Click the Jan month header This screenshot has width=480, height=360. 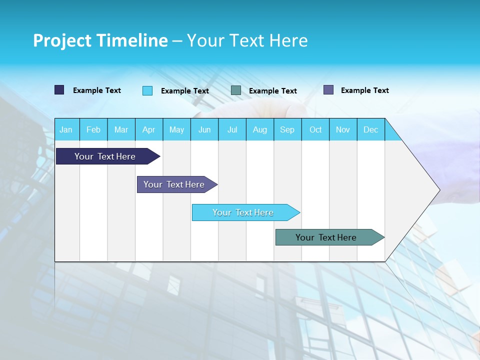click(66, 129)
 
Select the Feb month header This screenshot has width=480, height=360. click(93, 129)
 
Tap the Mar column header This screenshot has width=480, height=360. click(121, 129)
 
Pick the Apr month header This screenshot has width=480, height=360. click(149, 129)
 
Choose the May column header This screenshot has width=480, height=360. click(176, 129)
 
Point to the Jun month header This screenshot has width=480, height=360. click(204, 129)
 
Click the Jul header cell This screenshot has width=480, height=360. click(232, 129)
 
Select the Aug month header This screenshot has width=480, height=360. click(260, 129)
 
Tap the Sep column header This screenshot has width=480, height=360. click(287, 129)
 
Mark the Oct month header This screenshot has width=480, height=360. click(315, 129)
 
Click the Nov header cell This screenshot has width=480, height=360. click(343, 129)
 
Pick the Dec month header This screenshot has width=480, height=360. click(371, 129)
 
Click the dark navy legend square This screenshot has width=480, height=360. click(59, 90)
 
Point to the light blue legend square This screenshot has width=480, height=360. click(147, 90)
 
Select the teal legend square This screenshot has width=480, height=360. click(236, 90)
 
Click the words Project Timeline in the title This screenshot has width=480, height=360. click(100, 40)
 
